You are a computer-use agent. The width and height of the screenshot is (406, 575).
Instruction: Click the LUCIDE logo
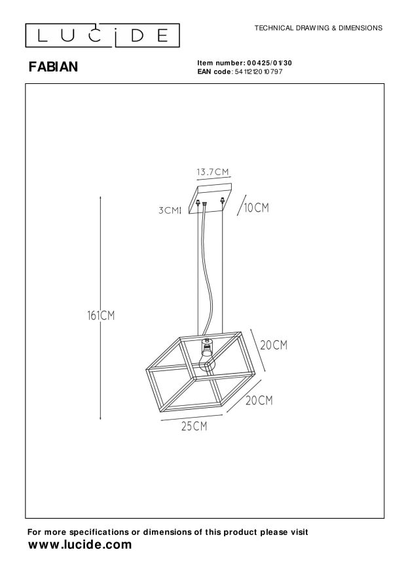[103, 35]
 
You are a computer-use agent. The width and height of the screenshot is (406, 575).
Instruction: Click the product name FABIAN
[53, 67]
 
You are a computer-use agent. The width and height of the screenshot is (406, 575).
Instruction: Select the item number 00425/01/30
[269, 63]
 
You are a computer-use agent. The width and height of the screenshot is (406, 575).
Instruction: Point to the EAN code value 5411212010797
[258, 71]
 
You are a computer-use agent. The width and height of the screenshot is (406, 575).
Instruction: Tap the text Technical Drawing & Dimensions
[318, 28]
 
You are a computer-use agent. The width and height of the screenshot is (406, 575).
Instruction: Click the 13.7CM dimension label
[213, 172]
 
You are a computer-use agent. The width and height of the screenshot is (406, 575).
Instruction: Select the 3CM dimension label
[169, 210]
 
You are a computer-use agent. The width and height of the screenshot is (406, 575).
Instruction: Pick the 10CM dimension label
[256, 208]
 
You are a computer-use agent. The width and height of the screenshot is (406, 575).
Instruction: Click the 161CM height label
[101, 315]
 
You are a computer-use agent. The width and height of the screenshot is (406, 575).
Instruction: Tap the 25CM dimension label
[194, 426]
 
